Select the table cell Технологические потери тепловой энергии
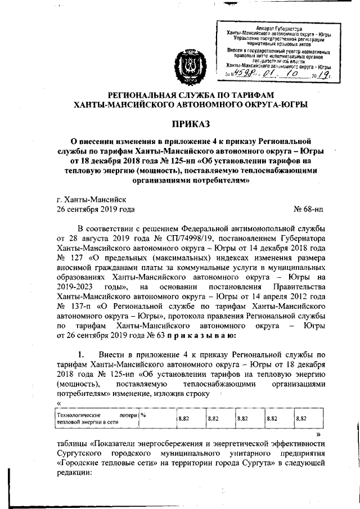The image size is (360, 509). [x=97, y=417]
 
